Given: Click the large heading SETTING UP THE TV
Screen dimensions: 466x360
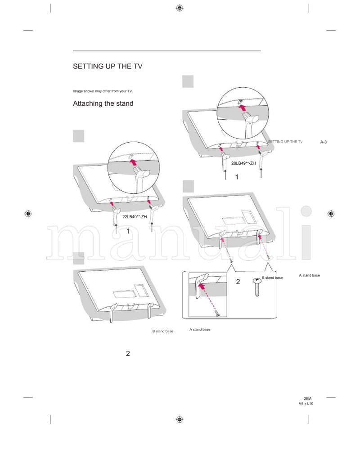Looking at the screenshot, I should coord(108,67).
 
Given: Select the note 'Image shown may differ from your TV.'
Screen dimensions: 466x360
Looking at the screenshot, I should coord(103,91).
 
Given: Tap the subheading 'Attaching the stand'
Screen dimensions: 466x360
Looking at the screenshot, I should coord(103,104).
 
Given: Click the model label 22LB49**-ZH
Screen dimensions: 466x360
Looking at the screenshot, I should coord(135,217).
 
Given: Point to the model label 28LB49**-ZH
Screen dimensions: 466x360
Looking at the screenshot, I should coord(243,163).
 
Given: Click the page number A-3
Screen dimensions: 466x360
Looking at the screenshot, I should coord(323,142).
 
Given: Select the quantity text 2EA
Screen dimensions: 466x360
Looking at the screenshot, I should coord(308,399).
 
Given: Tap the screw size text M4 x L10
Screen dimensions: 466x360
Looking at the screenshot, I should coord(306,404).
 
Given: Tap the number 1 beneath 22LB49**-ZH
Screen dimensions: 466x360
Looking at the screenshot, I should coord(128,231).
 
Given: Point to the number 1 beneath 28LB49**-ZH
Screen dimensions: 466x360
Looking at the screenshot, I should coord(236,177).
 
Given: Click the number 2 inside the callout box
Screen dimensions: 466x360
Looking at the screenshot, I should coord(238,282).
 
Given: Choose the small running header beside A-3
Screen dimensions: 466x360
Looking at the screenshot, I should coord(285,142).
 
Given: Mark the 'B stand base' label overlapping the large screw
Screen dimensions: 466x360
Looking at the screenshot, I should coord(272,278).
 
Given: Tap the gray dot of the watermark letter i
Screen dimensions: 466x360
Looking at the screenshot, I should coord(306,211).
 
